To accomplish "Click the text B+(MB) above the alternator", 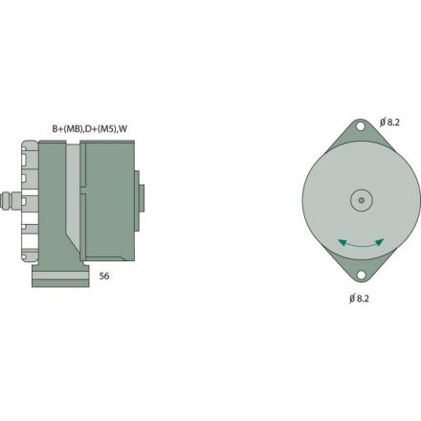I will pos(68,127).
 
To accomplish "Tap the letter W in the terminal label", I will pos(127,127).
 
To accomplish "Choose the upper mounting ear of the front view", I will pos(361,134).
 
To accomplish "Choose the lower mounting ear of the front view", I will pos(361,270).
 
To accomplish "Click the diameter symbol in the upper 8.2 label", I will pos(383,121).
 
